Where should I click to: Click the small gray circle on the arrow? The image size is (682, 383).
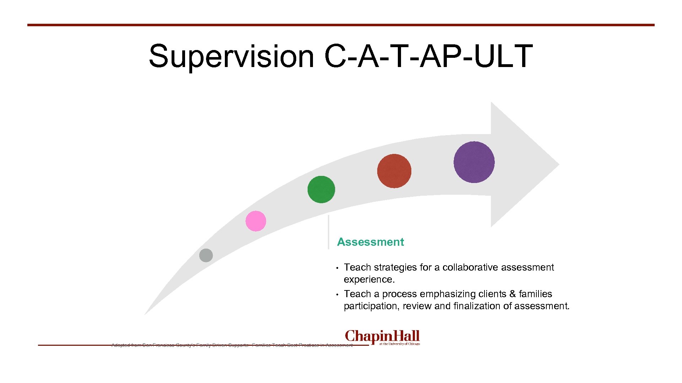(206, 255)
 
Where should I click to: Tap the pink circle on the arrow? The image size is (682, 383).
(256, 221)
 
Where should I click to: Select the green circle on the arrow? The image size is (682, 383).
(321, 189)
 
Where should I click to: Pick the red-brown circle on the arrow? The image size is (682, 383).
(394, 171)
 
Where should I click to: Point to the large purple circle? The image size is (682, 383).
(474, 162)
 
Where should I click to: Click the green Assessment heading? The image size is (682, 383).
(370, 242)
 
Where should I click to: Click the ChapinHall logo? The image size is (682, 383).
(382, 336)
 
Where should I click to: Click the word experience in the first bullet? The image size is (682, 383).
(368, 279)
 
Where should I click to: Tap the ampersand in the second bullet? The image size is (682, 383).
(512, 294)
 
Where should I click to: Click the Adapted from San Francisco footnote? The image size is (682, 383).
(232, 345)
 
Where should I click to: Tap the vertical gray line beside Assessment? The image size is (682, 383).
(329, 232)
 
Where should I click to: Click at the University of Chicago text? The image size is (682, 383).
(400, 344)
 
